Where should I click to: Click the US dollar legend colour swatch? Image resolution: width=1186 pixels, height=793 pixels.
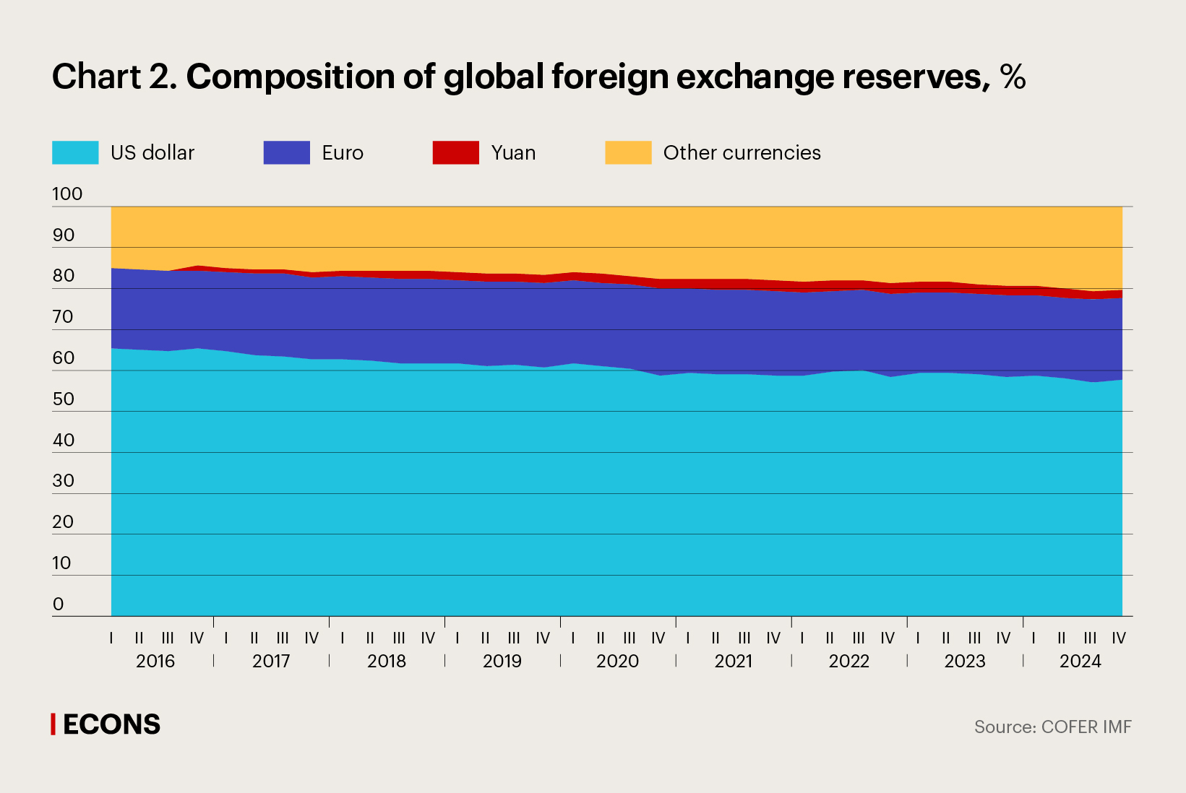pyautogui.click(x=75, y=152)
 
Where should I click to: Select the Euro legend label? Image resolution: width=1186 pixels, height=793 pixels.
pyautogui.click(x=343, y=152)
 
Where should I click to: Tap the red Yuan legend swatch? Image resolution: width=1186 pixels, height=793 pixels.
pyautogui.click(x=455, y=152)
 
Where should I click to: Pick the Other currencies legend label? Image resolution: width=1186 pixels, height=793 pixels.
pyautogui.click(x=742, y=152)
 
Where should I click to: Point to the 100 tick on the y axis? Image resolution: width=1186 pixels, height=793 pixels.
pyautogui.click(x=67, y=194)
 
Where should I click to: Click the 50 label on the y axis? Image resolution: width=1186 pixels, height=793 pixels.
pyautogui.click(x=64, y=399)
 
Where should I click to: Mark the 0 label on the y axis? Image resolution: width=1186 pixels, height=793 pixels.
pyautogui.click(x=59, y=604)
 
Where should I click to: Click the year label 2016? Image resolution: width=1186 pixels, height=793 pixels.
pyautogui.click(x=155, y=661)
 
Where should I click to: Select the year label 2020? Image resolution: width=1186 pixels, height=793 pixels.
pyautogui.click(x=617, y=661)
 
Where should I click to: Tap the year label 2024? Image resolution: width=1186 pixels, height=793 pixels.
pyautogui.click(x=1080, y=661)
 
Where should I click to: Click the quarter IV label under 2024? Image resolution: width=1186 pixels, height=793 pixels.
pyautogui.click(x=1118, y=638)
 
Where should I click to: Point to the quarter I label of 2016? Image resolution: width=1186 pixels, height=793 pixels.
pyautogui.click(x=111, y=638)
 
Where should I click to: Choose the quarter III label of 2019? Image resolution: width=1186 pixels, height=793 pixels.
pyautogui.click(x=514, y=638)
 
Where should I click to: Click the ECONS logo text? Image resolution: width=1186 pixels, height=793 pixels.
pyautogui.click(x=111, y=724)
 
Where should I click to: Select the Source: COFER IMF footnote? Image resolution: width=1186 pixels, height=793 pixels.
pyautogui.click(x=1052, y=727)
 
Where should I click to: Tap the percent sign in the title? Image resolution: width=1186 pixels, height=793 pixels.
pyautogui.click(x=1013, y=77)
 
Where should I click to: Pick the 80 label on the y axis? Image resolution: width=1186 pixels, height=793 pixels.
pyautogui.click(x=64, y=275)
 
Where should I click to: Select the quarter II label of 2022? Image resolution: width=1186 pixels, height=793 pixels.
pyautogui.click(x=830, y=638)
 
